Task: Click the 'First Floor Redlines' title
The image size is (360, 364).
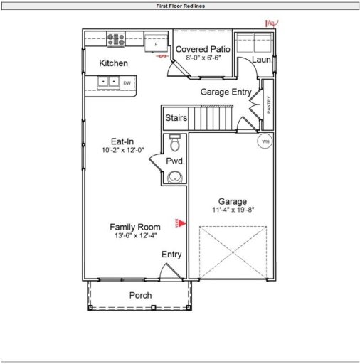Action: pyautogui.click(x=180, y=6)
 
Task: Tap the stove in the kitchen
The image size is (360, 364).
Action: pyautogui.click(x=116, y=39)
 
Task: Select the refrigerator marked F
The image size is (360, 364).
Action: pyautogui.click(x=155, y=43)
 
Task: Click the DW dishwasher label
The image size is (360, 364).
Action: pyautogui.click(x=127, y=83)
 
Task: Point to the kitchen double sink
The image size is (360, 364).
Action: pyautogui.click(x=109, y=82)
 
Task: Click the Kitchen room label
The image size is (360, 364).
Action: pyautogui.click(x=114, y=63)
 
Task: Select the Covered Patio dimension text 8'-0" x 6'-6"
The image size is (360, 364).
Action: pyautogui.click(x=203, y=58)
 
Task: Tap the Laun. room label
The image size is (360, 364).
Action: pyautogui.click(x=262, y=60)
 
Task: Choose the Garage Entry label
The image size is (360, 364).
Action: pyautogui.click(x=225, y=92)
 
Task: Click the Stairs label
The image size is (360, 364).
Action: pyautogui.click(x=176, y=118)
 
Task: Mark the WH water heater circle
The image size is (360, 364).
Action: pyautogui.click(x=265, y=141)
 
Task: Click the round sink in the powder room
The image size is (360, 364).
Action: pyautogui.click(x=175, y=177)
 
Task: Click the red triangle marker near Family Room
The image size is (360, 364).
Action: pyautogui.click(x=182, y=223)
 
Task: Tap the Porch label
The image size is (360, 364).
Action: pyautogui.click(x=140, y=295)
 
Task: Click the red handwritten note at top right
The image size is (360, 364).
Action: pyautogui.click(x=270, y=23)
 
